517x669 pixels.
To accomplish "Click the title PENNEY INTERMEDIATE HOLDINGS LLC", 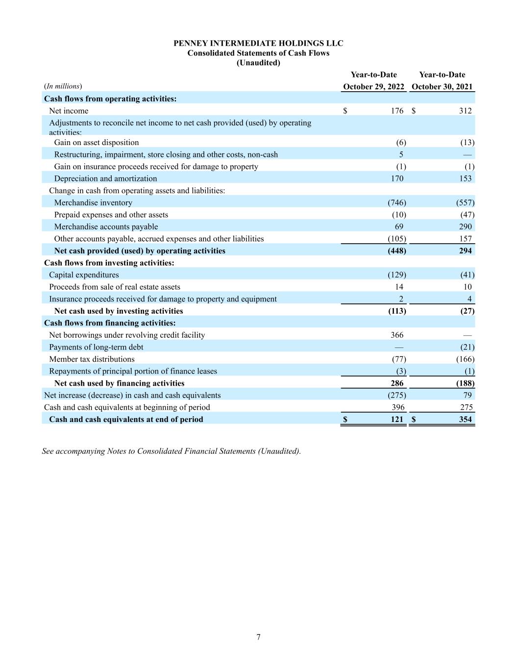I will [x=258, y=43].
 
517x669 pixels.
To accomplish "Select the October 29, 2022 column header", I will [x=373, y=87].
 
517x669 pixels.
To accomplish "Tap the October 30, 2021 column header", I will [x=442, y=87].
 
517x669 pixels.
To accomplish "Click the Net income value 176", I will [x=397, y=111].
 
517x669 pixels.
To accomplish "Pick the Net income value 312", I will [x=465, y=111].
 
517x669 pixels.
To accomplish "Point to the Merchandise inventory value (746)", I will [x=396, y=202].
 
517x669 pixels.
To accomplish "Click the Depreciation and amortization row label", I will [x=105, y=178].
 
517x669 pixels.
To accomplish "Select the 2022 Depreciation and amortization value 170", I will [x=397, y=178].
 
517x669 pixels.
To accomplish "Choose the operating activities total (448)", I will [x=396, y=250].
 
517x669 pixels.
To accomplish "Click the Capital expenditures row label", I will [x=84, y=275].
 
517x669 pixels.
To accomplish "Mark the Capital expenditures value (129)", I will [x=396, y=275].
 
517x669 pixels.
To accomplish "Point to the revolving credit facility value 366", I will [x=397, y=335].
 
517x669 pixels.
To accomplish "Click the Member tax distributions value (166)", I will [x=465, y=359].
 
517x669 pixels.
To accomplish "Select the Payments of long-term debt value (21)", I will [x=467, y=347].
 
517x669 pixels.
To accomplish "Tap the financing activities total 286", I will [x=397, y=383].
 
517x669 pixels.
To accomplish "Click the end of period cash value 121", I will [x=397, y=419].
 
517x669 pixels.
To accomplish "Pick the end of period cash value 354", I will [x=465, y=419].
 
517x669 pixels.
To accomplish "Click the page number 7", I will [x=258, y=637].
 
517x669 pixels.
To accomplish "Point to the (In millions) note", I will [x=63, y=86].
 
